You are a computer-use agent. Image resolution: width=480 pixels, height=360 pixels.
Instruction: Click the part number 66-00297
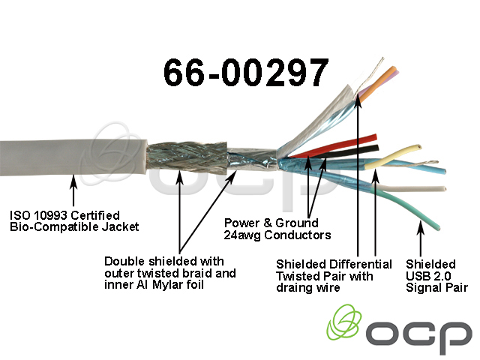pos(245,73)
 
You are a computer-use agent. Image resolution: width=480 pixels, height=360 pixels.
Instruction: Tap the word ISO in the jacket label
pos(19,214)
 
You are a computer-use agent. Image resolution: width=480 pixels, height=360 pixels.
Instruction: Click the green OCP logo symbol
pos(346,324)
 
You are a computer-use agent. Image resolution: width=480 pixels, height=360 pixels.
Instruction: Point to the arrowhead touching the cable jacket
pos(73,178)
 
